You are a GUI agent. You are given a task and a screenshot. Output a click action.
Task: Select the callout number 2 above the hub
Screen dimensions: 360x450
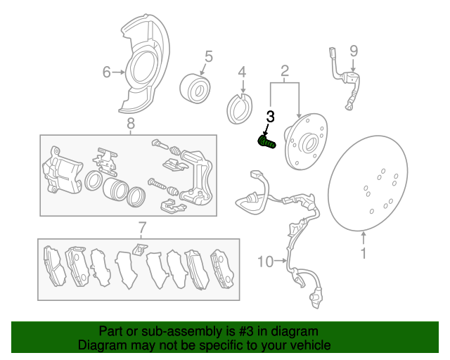[285, 70]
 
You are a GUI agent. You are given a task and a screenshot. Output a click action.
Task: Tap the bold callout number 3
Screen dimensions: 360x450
[270, 117]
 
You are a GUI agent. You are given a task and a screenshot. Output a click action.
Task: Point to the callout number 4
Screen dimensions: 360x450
[241, 72]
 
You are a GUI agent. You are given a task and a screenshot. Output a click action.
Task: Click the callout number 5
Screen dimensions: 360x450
[208, 56]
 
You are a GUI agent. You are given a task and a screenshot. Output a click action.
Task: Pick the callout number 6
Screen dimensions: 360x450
[107, 72]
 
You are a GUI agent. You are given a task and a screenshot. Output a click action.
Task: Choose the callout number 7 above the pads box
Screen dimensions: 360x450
[141, 227]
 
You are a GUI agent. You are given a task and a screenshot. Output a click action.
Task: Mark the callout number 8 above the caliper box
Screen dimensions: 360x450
[130, 124]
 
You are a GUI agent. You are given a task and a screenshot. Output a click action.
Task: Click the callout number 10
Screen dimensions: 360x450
[264, 262]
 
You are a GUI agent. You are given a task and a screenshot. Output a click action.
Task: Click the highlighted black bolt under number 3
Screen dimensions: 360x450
[267, 142]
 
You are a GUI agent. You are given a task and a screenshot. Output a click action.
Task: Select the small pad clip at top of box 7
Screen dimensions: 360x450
[139, 248]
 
